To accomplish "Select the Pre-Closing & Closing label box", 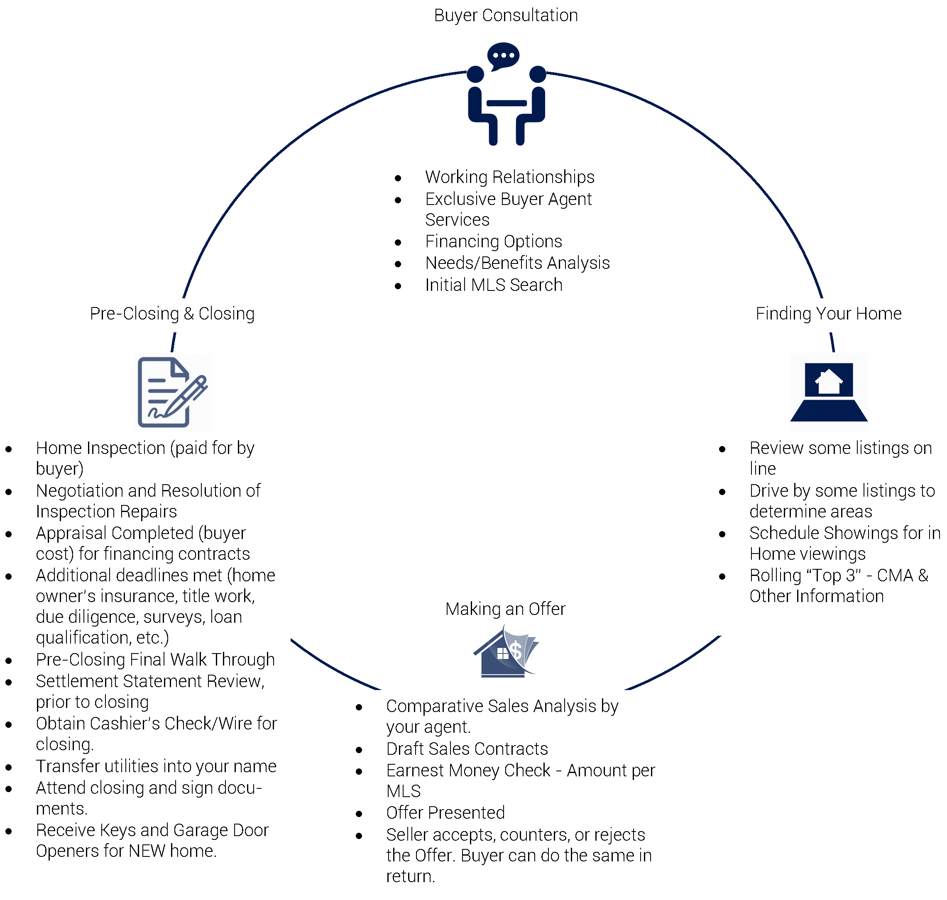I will [172, 314].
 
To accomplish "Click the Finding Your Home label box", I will [828, 314].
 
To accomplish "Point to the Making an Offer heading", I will [505, 609].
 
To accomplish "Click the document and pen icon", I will [172, 392].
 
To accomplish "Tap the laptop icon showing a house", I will [828, 392].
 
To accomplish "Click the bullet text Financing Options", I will [493, 241].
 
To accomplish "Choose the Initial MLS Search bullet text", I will [493, 285].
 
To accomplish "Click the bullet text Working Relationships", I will [509, 177].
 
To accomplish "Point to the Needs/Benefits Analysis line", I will [517, 263].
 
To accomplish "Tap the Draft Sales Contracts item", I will [467, 749].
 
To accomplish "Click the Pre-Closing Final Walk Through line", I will [155, 659].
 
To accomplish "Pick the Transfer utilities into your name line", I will [156, 766].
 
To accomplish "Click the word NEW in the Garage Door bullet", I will [147, 851].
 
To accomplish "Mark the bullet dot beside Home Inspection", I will [9, 449].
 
